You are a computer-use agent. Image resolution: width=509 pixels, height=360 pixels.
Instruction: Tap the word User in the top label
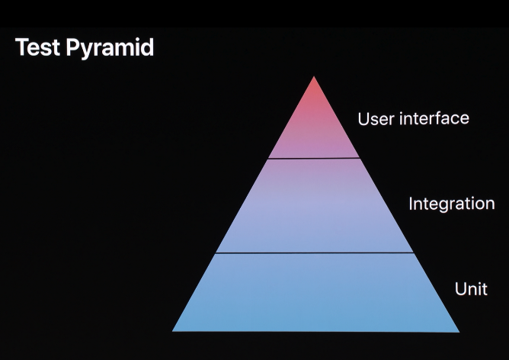374,119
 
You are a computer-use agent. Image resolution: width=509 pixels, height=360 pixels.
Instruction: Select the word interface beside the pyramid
432,118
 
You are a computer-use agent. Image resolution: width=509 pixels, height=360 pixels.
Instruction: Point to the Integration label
451,204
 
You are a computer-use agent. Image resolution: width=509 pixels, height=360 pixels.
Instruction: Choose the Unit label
470,289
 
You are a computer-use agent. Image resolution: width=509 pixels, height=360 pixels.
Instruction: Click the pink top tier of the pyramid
314,126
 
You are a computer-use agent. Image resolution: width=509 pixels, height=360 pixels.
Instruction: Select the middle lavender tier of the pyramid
314,206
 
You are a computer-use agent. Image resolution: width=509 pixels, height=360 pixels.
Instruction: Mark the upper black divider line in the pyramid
314,159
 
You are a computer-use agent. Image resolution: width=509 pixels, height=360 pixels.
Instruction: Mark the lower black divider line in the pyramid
314,252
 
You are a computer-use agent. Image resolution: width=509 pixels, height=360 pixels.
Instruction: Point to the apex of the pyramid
314,78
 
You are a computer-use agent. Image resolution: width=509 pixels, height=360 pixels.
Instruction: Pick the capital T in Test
21,47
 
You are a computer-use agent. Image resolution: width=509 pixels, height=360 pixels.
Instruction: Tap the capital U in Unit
460,289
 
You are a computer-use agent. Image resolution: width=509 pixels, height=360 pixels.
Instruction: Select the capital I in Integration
411,204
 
